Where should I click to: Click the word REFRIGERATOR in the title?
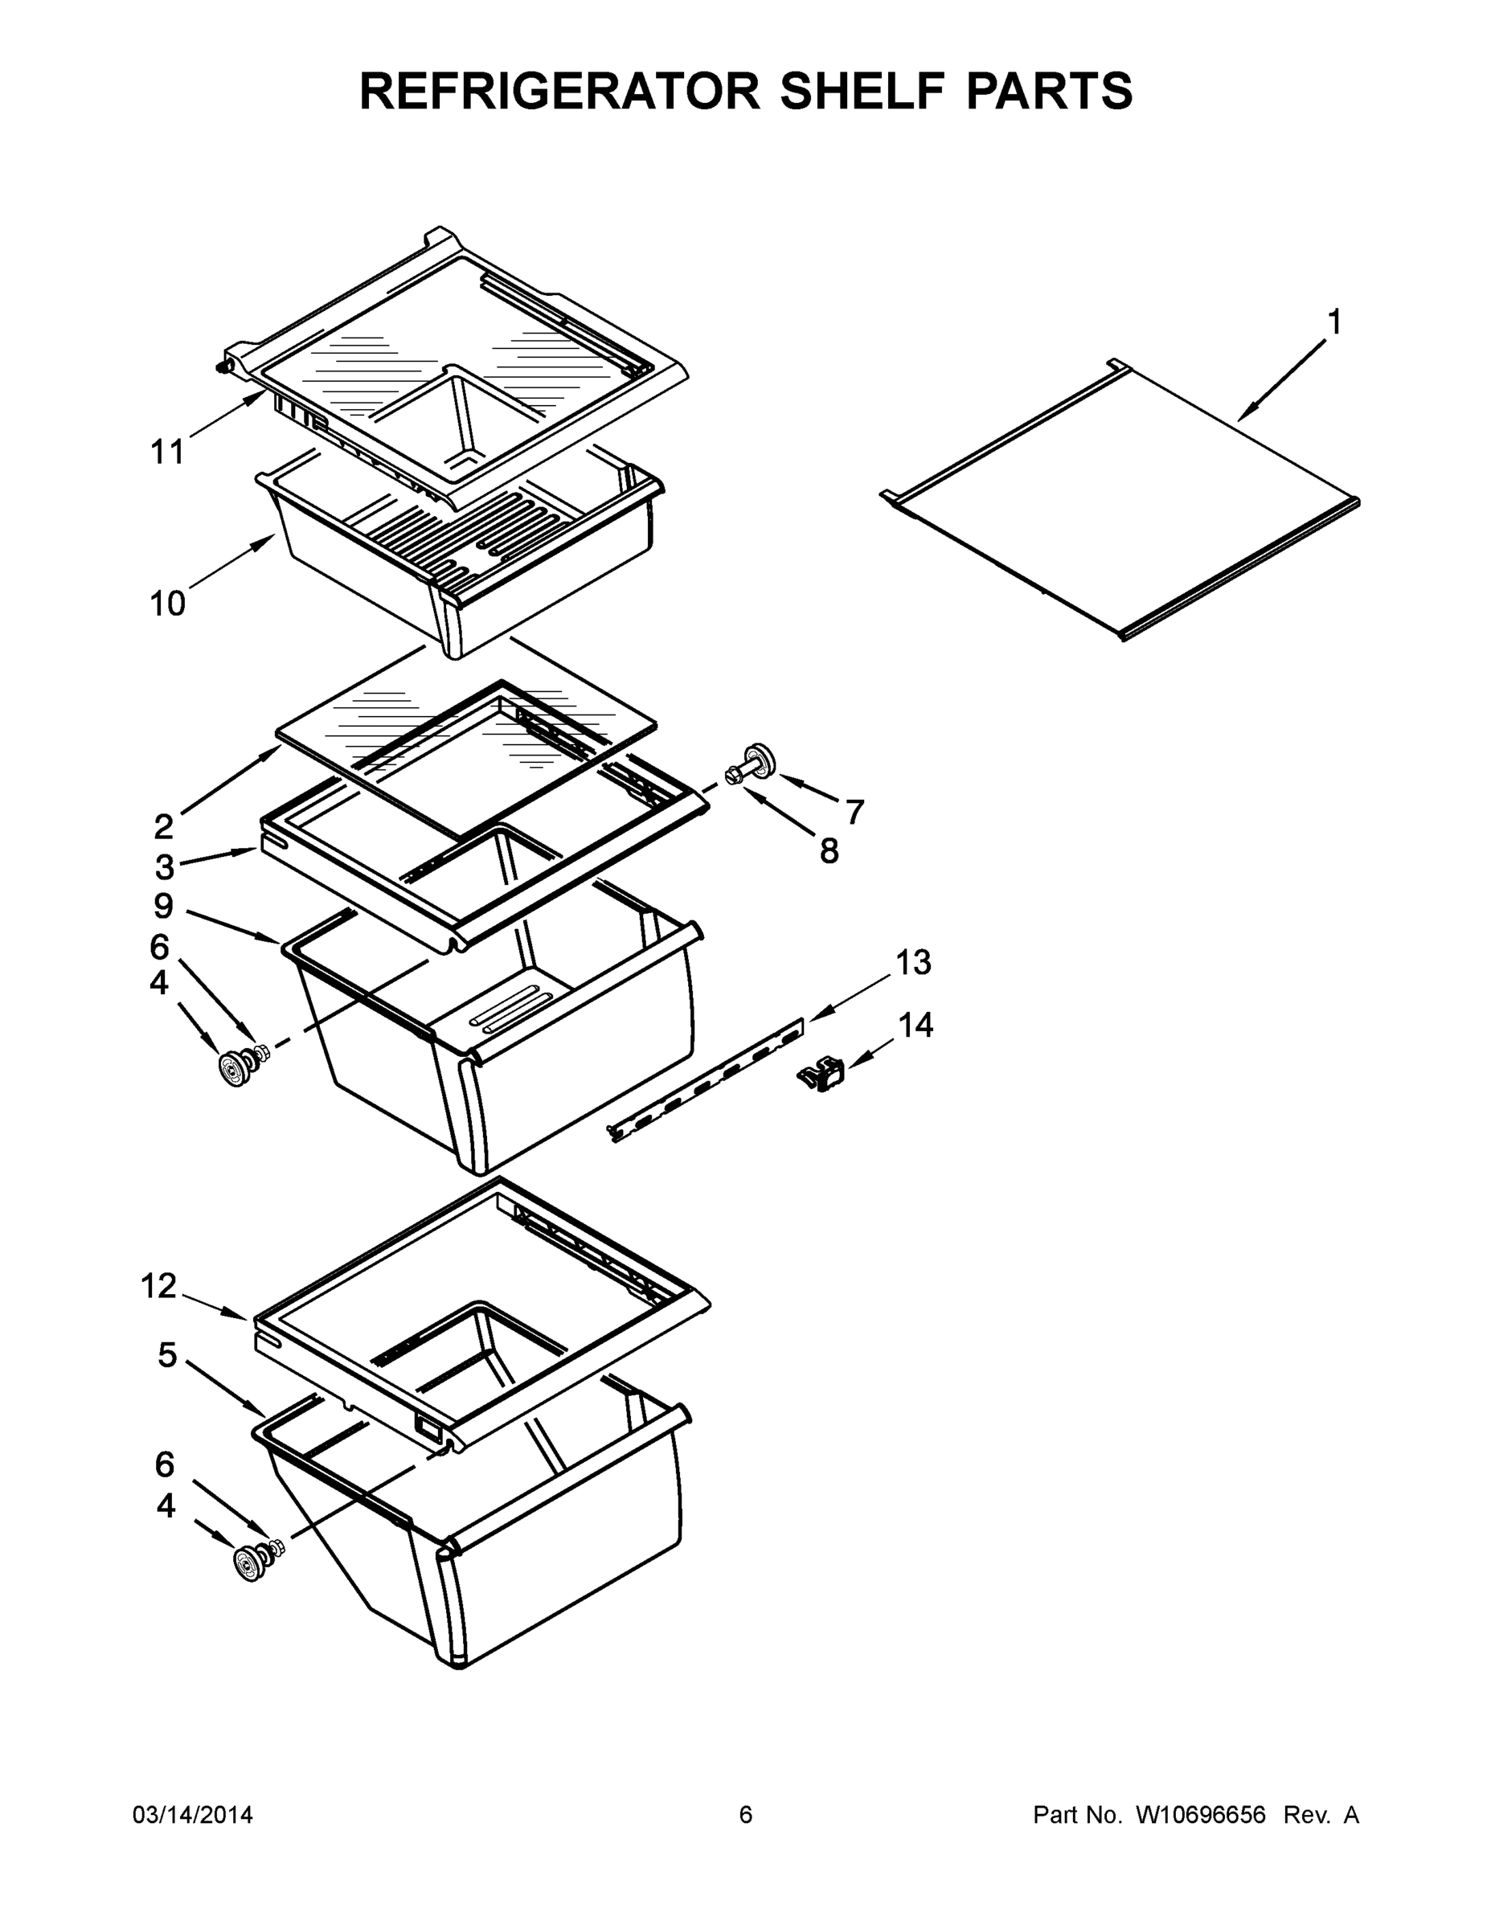559,91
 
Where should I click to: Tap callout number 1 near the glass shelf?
1333,322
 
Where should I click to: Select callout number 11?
167,453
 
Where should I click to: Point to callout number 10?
167,604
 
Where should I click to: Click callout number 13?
913,963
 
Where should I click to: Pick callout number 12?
159,1286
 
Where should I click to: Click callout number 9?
163,905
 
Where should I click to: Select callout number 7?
854,811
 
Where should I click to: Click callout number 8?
829,851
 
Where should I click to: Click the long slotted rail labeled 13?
707,1079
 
